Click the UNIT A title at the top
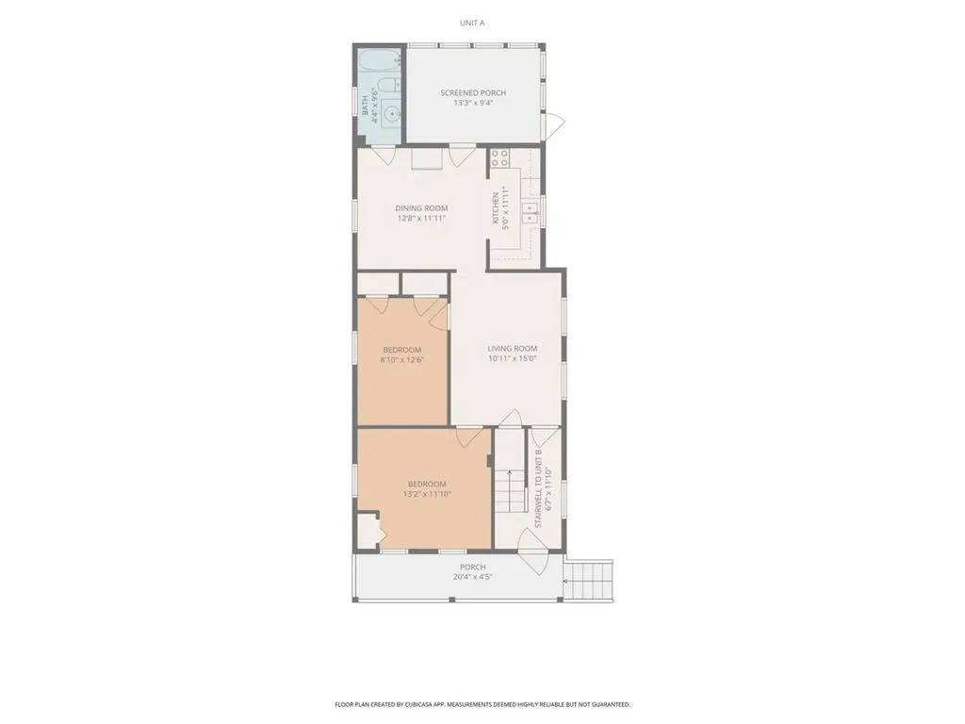(472, 22)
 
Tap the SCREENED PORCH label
(473, 92)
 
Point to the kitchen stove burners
(499, 158)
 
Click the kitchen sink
(531, 211)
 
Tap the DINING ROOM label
(421, 208)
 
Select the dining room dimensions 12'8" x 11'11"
(421, 219)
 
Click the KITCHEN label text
(496, 209)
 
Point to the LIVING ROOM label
(512, 348)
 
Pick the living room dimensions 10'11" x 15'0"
(512, 358)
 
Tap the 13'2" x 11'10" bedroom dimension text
(427, 494)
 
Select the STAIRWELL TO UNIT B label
(538, 488)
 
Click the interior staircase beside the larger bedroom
(510, 487)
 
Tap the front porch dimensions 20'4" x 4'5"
(473, 577)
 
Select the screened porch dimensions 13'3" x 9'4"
(473, 103)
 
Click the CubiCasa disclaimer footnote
(482, 704)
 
